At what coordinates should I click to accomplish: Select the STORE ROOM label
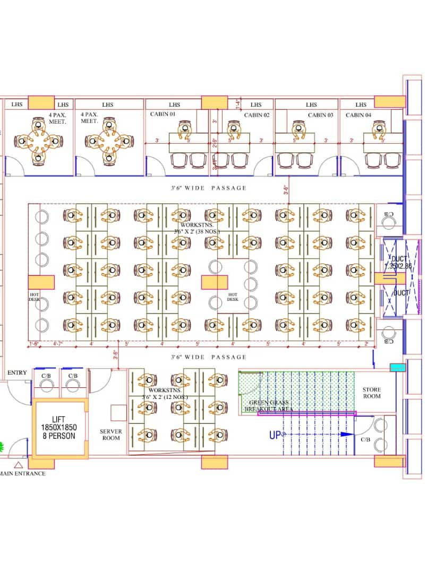click(372, 393)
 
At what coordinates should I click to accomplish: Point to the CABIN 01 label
click(163, 114)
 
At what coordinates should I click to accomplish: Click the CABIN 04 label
click(358, 115)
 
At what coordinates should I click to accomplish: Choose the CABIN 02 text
click(257, 115)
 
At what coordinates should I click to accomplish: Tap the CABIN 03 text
click(321, 115)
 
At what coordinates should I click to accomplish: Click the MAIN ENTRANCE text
click(23, 473)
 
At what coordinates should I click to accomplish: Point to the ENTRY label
click(17, 373)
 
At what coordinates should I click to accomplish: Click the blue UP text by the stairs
click(275, 435)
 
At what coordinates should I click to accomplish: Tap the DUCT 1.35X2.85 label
click(398, 263)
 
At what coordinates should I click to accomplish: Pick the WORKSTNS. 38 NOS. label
click(192, 228)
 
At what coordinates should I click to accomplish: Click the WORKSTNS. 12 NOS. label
click(164, 393)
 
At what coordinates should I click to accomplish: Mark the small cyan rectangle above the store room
click(397, 368)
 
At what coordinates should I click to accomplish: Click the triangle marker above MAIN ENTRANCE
click(19, 465)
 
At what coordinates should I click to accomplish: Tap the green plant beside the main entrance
click(2, 447)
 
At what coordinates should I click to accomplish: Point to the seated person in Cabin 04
click(379, 128)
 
